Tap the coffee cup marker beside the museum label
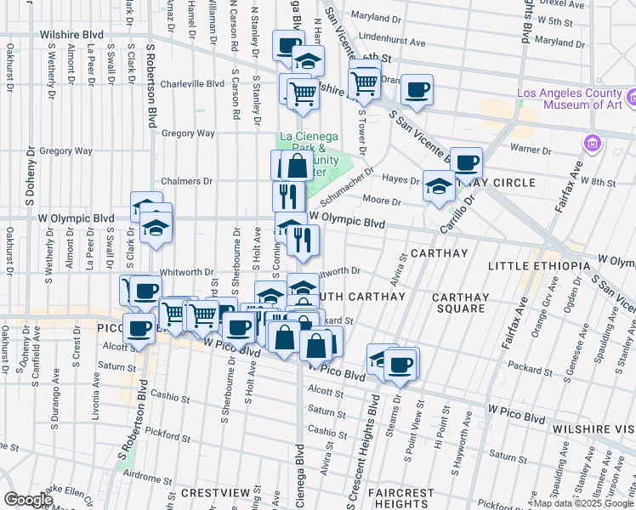[417, 90]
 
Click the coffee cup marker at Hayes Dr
[465, 163]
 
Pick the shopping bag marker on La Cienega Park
[297, 166]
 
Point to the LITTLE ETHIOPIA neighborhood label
[539, 266]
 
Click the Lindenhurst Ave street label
[392, 41]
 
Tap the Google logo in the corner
[29, 500]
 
